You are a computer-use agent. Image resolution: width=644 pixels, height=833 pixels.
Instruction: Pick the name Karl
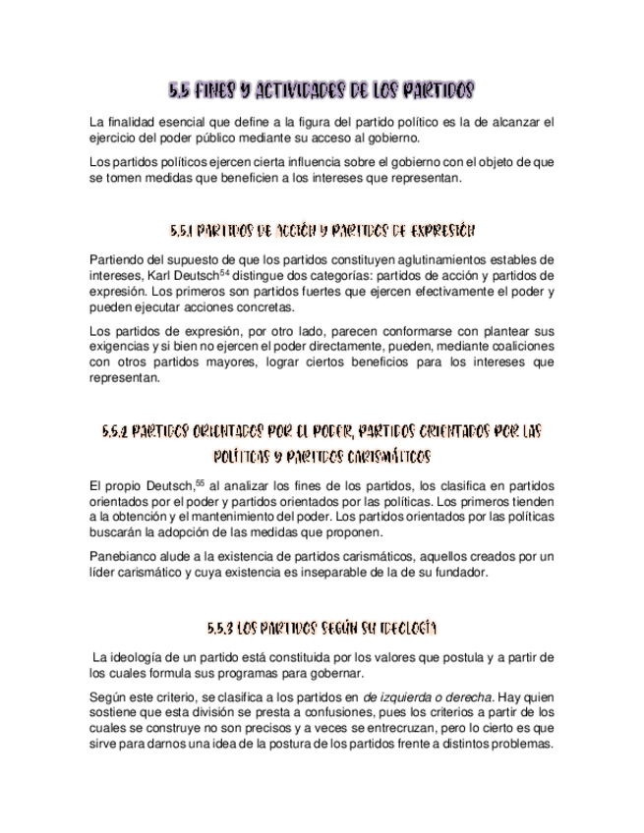(x=161, y=276)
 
